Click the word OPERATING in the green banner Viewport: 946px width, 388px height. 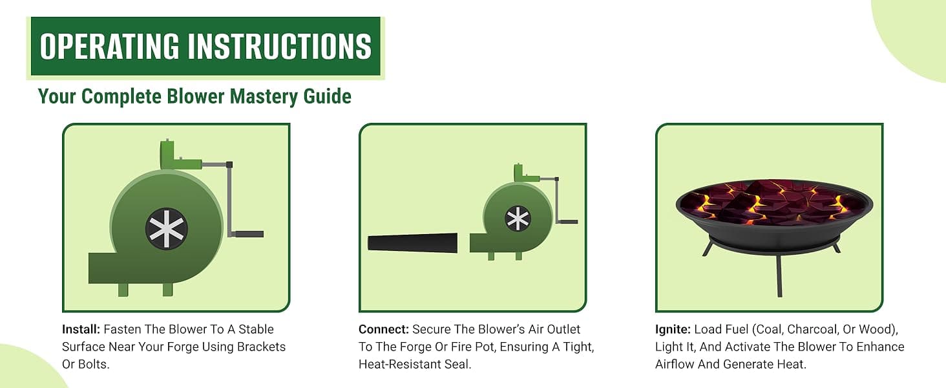109,46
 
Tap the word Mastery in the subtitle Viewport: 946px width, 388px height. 264,97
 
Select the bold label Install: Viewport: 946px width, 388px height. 81,329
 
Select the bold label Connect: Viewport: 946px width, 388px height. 384,329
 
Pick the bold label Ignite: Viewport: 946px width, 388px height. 673,330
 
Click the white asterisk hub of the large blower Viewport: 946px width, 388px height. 167,229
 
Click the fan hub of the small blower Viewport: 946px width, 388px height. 518,219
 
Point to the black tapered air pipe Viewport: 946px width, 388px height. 413,243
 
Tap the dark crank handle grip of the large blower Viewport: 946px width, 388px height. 249,233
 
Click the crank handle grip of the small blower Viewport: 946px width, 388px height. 569,221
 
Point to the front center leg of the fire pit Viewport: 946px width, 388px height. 779,275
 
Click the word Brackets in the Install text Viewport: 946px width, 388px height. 262,347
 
